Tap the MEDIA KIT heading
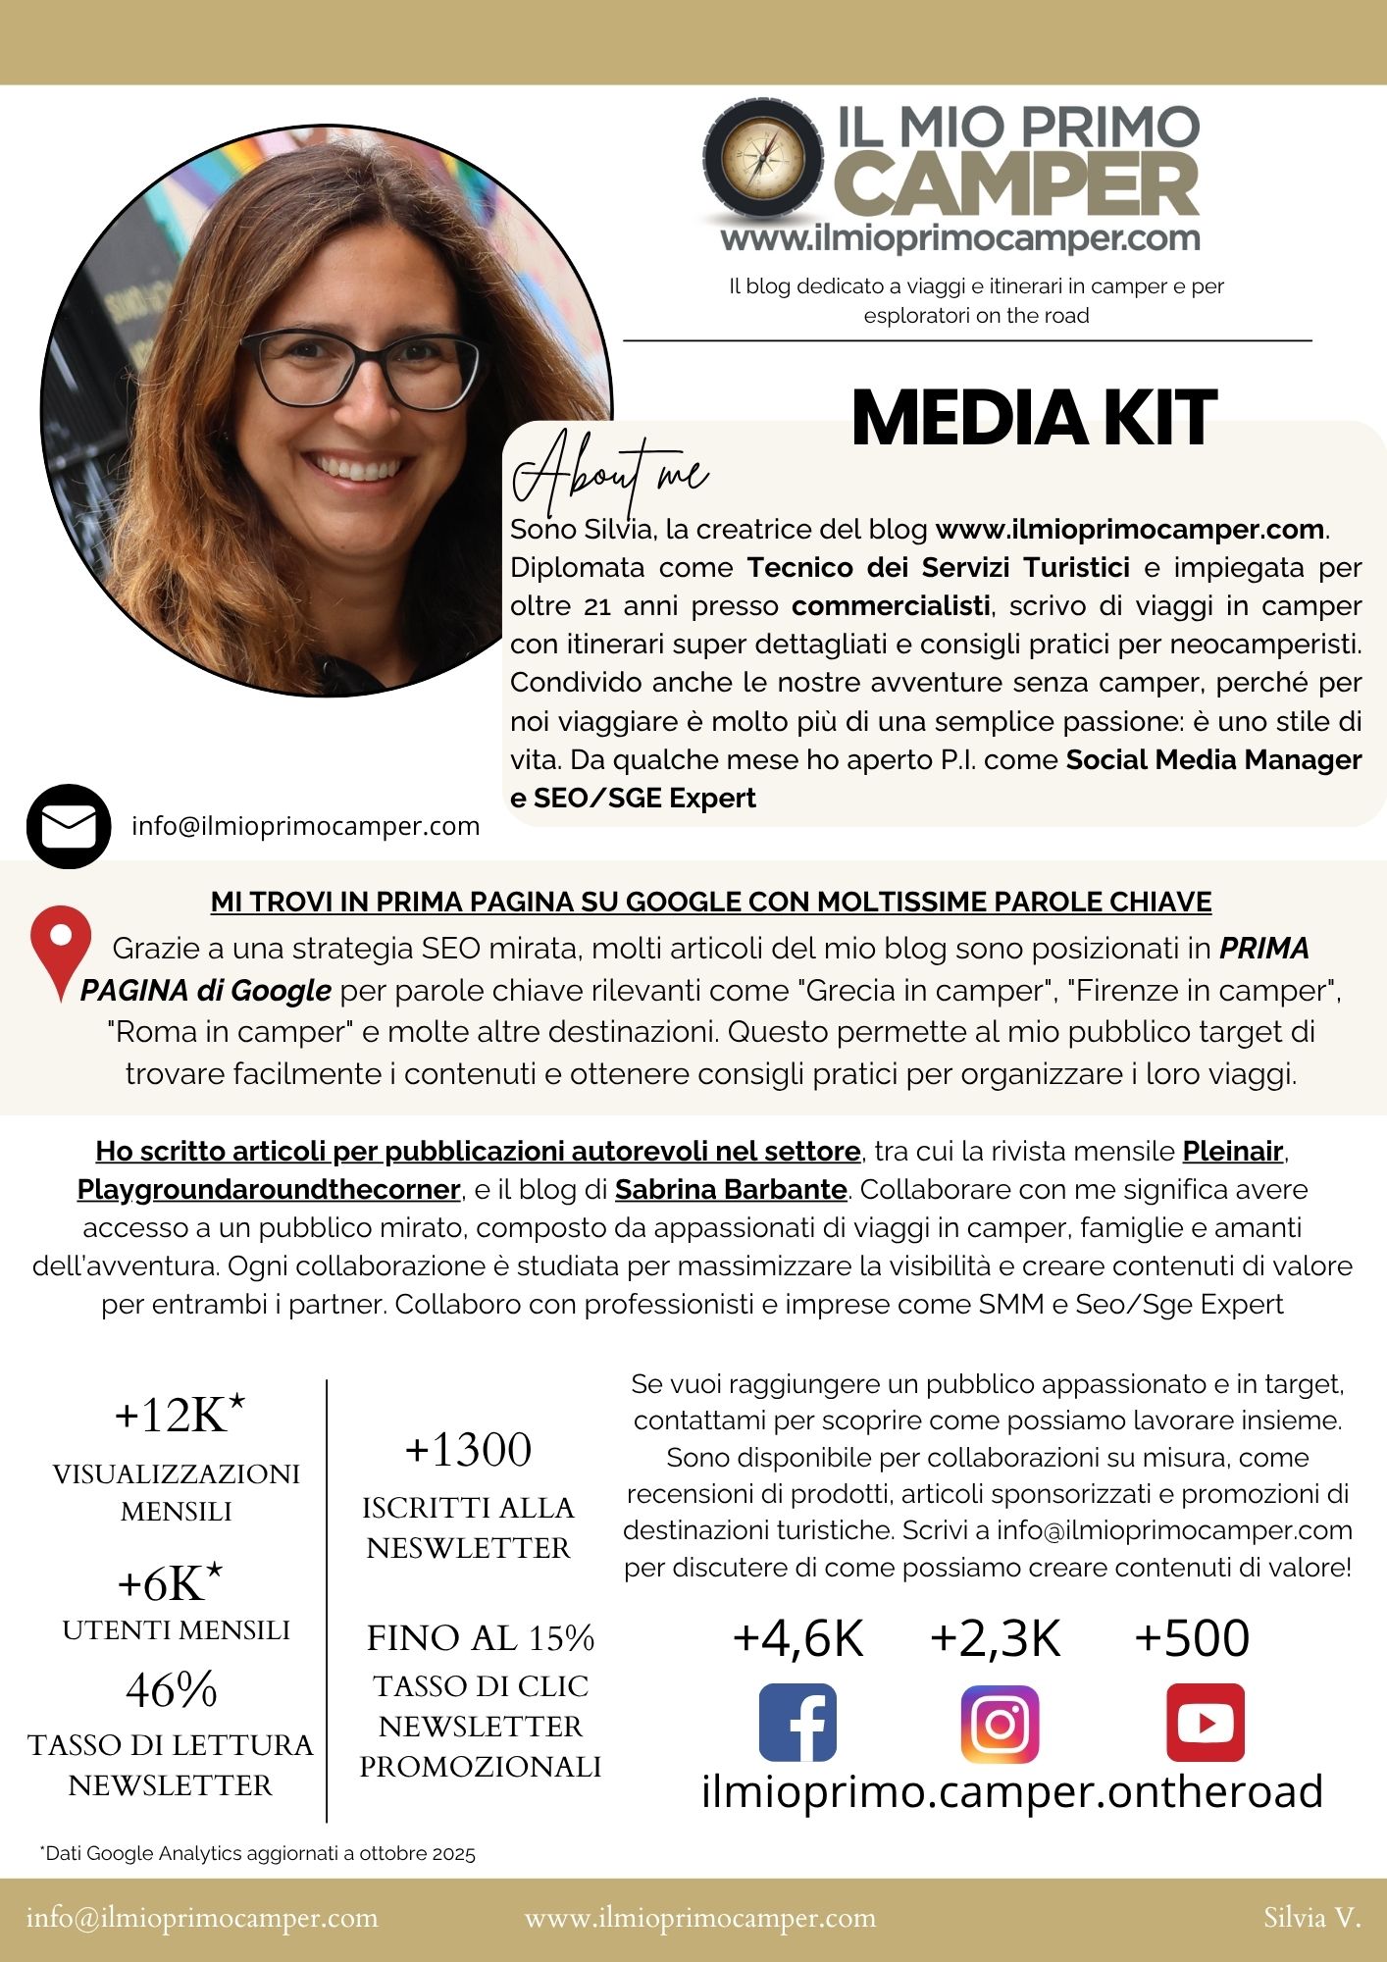click(x=1034, y=418)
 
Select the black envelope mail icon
click(x=69, y=826)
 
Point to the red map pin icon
click(x=61, y=950)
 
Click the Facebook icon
click(x=797, y=1723)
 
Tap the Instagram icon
click(x=999, y=1724)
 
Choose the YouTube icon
click(x=1205, y=1723)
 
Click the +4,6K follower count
click(x=797, y=1638)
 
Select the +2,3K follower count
click(x=996, y=1638)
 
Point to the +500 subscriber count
click(x=1192, y=1638)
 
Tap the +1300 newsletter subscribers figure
click(x=468, y=1450)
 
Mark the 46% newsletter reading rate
click(x=172, y=1690)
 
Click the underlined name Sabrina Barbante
click(x=731, y=1190)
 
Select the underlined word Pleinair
click(x=1233, y=1151)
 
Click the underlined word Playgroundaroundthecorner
click(x=269, y=1190)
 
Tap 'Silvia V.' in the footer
click(x=1311, y=1918)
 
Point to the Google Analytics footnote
click(x=258, y=1854)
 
